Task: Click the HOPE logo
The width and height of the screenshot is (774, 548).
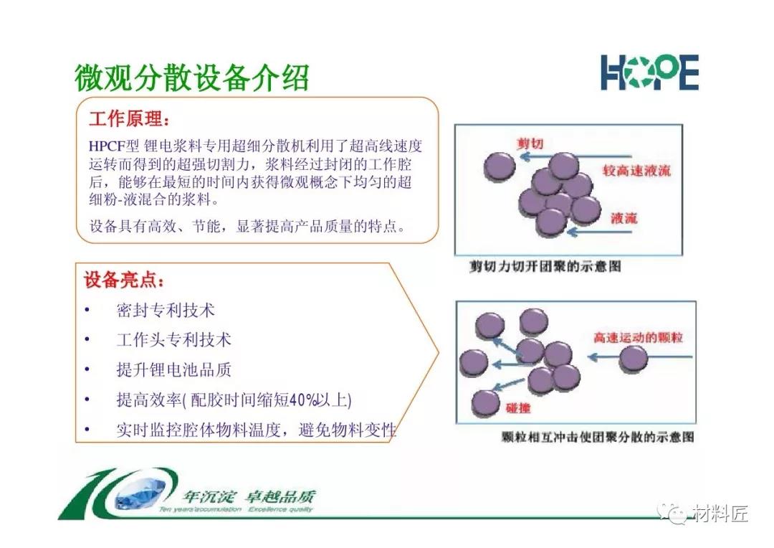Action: point(649,72)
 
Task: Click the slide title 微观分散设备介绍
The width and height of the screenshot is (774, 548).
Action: point(192,77)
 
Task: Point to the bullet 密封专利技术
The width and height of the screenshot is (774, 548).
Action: point(166,311)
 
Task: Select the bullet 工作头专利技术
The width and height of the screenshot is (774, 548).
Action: point(173,340)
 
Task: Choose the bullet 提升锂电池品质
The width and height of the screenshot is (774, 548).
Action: point(173,369)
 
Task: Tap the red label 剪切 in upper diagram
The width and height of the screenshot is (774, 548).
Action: point(530,143)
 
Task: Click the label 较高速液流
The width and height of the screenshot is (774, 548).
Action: point(636,171)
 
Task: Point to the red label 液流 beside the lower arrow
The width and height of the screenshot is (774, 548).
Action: point(624,218)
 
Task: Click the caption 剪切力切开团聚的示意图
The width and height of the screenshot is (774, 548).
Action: point(545,266)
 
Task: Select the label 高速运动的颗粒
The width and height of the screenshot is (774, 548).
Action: point(638,338)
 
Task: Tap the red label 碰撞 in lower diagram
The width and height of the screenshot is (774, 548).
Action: point(518,407)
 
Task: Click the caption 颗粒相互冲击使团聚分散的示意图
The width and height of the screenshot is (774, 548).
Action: point(598,437)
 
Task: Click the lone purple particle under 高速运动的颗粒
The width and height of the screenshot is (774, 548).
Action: point(634,358)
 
